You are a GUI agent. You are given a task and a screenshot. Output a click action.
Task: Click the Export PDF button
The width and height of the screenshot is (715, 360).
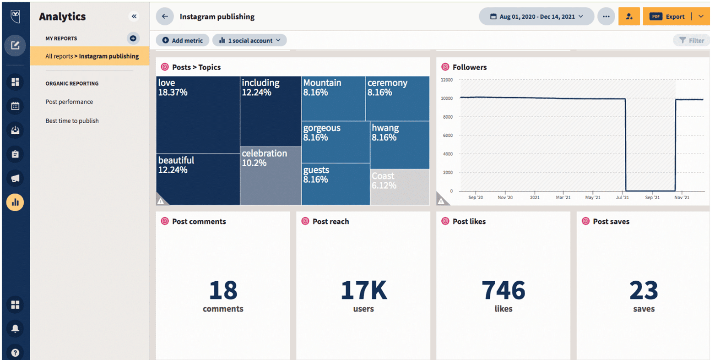[668, 16]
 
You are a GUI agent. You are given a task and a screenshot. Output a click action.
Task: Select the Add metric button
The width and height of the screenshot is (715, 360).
[182, 40]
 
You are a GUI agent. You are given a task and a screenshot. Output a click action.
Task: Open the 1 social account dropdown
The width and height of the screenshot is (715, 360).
[249, 40]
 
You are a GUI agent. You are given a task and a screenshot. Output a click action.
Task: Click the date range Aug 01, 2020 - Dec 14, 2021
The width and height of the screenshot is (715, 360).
[536, 16]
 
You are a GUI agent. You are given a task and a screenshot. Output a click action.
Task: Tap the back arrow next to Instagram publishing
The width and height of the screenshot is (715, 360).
[165, 16]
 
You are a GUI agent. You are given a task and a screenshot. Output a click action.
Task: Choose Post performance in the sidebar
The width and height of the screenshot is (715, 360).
[69, 102]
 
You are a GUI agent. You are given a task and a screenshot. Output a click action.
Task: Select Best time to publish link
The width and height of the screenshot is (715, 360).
[72, 121]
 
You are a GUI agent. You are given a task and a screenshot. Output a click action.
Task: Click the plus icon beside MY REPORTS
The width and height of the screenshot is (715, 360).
[133, 38]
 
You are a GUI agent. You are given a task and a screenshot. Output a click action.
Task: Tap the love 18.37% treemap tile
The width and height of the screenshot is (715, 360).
[198, 115]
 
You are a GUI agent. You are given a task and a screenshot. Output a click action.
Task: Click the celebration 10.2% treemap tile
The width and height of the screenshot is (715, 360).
[271, 176]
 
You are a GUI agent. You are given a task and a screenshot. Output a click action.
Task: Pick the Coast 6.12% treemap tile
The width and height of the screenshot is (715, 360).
[400, 187]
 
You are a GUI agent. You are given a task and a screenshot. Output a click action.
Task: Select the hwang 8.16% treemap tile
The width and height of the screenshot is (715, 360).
[400, 145]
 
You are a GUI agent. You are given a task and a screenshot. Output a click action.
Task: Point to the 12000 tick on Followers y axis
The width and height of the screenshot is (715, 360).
[446, 80]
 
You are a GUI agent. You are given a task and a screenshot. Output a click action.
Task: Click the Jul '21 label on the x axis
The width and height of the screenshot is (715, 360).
[623, 197]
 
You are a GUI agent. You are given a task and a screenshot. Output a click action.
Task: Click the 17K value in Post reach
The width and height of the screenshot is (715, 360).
[363, 290]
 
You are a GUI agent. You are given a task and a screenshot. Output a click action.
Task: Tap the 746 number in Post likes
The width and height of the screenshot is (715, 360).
[503, 290]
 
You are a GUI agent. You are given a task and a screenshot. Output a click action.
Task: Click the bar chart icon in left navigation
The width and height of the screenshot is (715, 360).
[15, 202]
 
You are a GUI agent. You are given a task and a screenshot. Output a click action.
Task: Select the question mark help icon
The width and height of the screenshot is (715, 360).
[15, 353]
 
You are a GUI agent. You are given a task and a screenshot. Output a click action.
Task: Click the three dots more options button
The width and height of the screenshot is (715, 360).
[606, 16]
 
